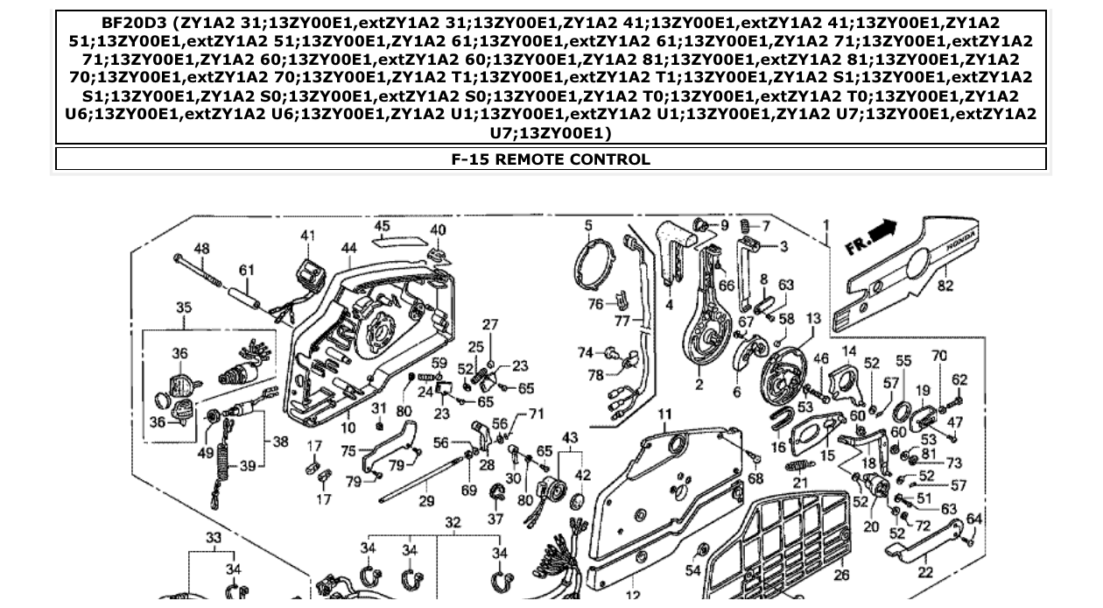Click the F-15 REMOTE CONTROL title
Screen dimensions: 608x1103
click(x=550, y=159)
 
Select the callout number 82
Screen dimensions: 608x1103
click(x=945, y=286)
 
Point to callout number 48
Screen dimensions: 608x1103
click(x=202, y=249)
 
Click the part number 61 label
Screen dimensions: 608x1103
click(x=247, y=271)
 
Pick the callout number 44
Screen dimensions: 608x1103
click(x=349, y=249)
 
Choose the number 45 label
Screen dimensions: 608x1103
click(x=382, y=226)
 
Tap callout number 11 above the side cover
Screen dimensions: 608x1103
click(x=665, y=414)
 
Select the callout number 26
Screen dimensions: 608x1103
click(x=841, y=575)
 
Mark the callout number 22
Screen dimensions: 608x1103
click(x=925, y=571)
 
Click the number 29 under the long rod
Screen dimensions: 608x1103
click(x=426, y=501)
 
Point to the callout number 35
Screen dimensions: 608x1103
click(x=184, y=308)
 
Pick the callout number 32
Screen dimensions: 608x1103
click(x=452, y=523)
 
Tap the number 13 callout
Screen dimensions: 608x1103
click(x=813, y=319)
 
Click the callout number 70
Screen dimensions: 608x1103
click(x=939, y=356)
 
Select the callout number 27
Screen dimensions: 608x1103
click(x=490, y=324)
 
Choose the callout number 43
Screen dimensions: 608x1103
click(x=570, y=437)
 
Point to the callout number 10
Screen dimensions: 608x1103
click(x=348, y=428)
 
